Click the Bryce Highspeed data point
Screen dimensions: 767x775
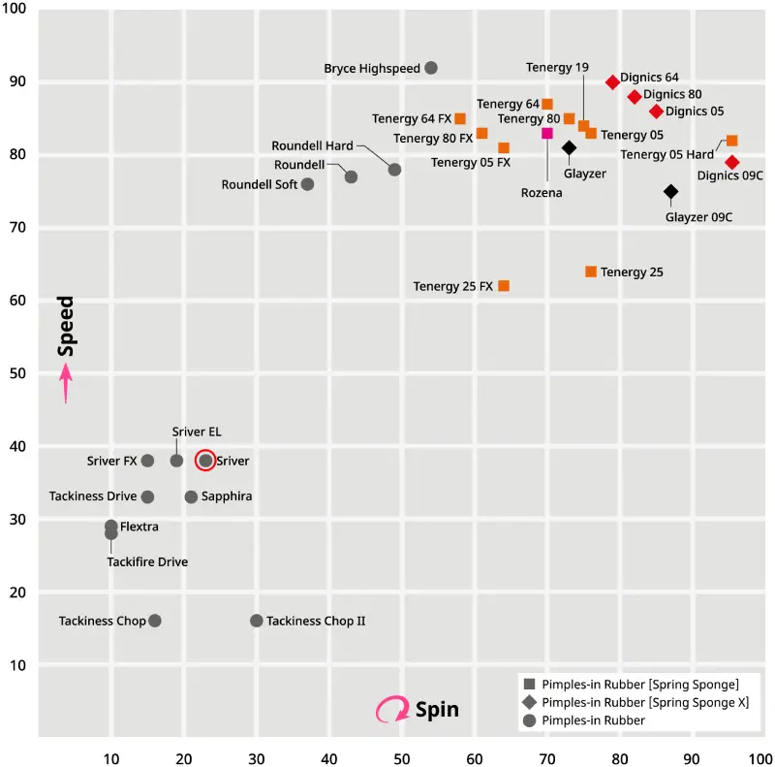point(431,68)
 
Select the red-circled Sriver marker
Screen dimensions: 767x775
point(205,461)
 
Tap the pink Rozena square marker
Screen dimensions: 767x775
point(547,134)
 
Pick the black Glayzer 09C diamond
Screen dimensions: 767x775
point(670,192)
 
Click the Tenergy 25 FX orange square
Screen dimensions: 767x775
point(504,286)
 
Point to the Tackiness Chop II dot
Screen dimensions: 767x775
point(257,621)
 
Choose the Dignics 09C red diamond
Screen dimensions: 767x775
point(732,162)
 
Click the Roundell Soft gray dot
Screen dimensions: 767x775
point(307,184)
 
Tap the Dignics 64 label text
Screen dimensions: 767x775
point(649,77)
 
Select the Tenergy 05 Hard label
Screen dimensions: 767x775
point(667,154)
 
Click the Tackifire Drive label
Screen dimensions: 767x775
point(147,561)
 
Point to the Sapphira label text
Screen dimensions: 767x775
point(228,496)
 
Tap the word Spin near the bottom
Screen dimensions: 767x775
point(436,710)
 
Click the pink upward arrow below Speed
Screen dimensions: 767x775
point(66,383)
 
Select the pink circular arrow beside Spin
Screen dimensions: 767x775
point(392,710)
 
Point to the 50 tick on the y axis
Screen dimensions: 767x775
point(18,373)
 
